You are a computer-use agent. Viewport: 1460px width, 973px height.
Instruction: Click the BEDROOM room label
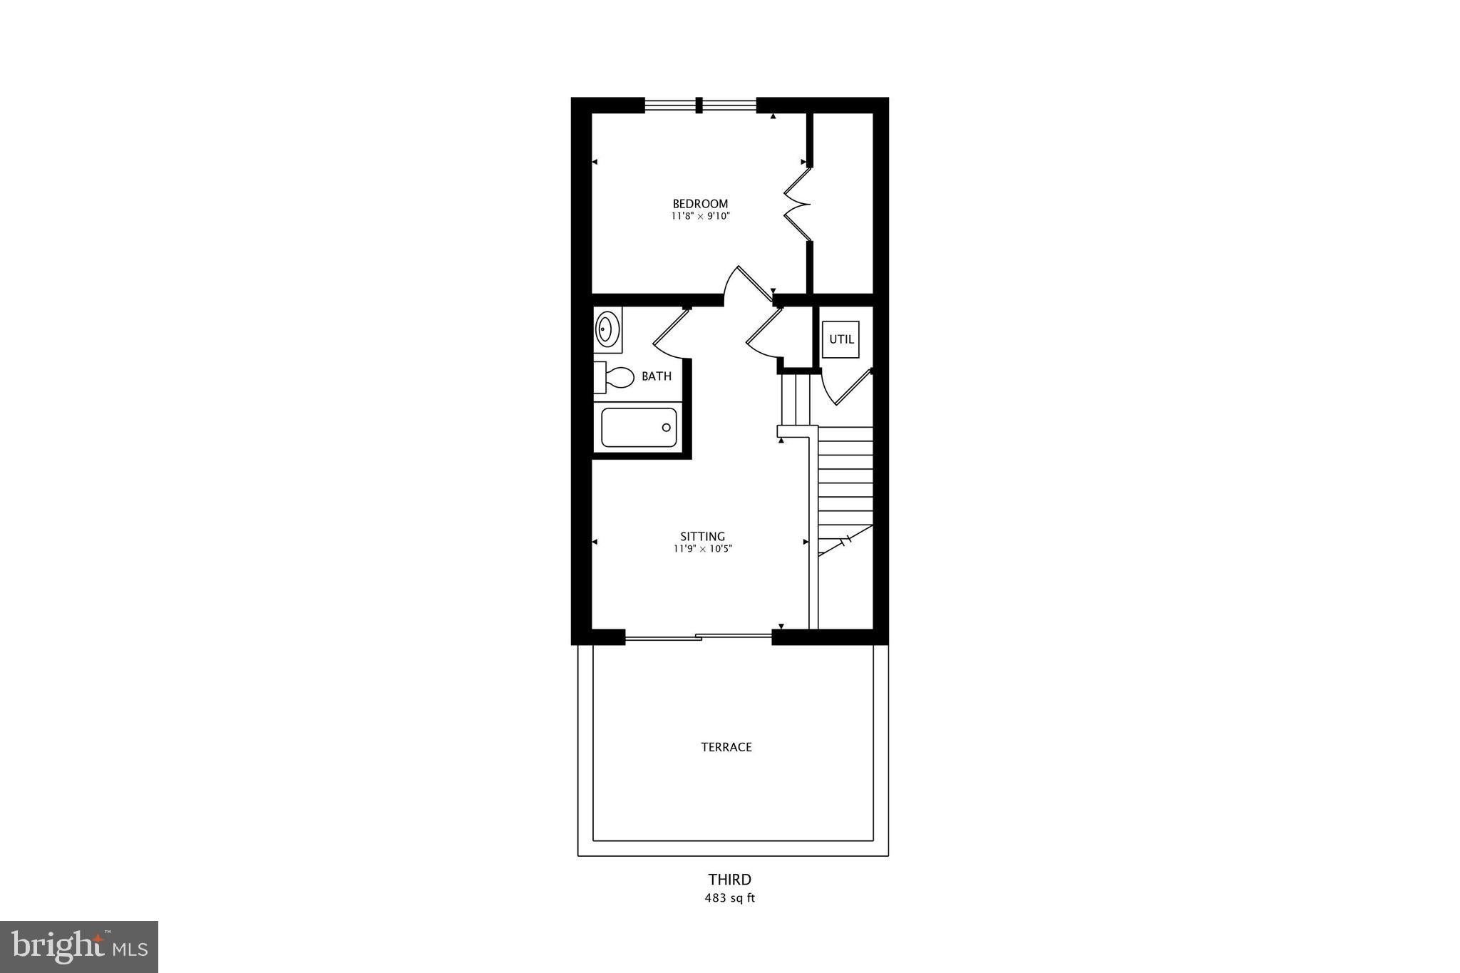[x=700, y=204]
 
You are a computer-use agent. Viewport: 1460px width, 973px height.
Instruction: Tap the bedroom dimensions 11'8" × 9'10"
[x=700, y=216]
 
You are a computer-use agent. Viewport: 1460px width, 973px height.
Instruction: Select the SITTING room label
[x=702, y=537]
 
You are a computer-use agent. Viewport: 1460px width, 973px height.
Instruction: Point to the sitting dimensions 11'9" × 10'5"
[x=703, y=549]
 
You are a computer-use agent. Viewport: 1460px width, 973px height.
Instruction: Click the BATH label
[x=657, y=376]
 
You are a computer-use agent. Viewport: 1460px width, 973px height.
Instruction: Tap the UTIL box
[x=841, y=339]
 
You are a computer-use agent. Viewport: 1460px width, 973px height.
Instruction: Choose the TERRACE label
[x=726, y=747]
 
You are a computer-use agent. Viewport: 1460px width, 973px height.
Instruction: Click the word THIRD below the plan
[x=729, y=880]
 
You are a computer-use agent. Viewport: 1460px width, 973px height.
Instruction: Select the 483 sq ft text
[x=729, y=898]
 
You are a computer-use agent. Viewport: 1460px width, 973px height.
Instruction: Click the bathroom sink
[x=607, y=330]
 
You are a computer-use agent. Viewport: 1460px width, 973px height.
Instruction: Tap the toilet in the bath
[x=614, y=377]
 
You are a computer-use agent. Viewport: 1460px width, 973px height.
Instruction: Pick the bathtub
[x=639, y=427]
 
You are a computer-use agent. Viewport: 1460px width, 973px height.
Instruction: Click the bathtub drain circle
[x=667, y=428]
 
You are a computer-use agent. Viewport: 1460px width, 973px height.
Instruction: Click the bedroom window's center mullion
[x=699, y=105]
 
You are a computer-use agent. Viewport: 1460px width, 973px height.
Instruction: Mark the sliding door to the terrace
[x=699, y=637]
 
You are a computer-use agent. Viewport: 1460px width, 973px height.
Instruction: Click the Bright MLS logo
[x=79, y=947]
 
